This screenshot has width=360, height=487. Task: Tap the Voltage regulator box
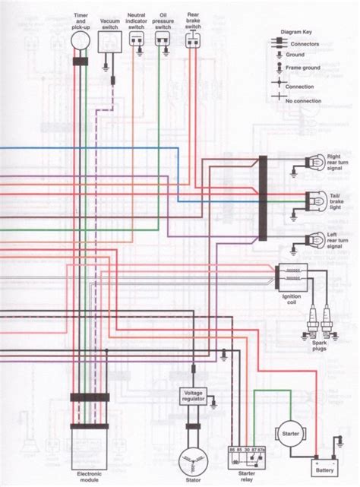pos(192,396)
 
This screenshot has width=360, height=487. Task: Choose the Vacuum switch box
pos(111,43)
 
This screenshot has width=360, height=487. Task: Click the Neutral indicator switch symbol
pos(137,43)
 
